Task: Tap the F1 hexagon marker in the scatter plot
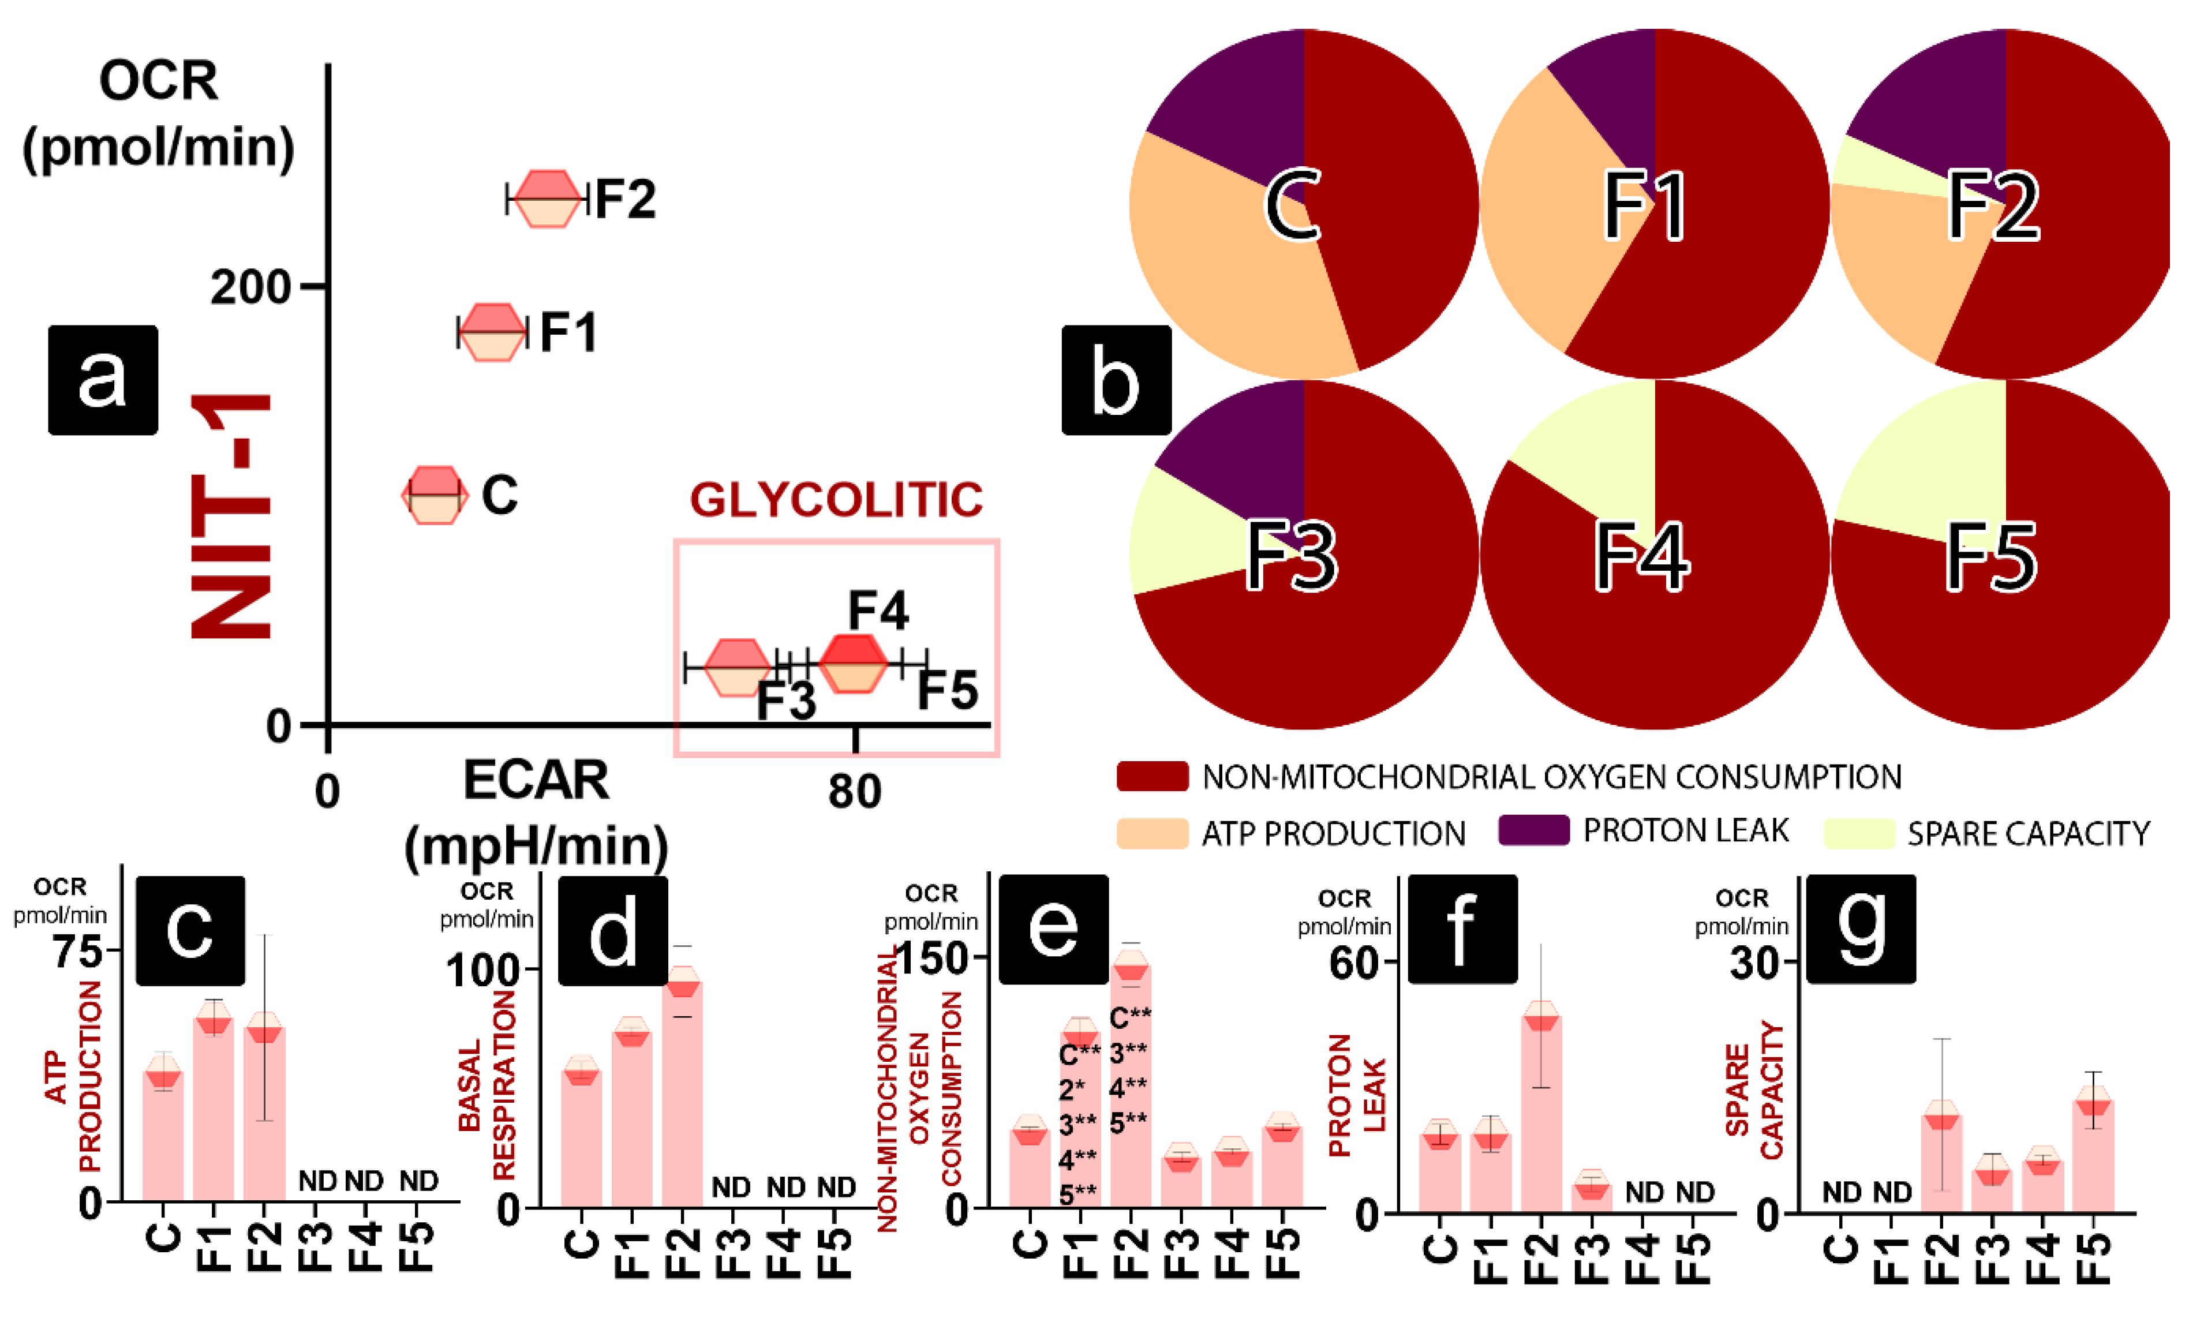tap(491, 332)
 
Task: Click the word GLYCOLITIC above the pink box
tap(836, 500)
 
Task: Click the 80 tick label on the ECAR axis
tap(854, 791)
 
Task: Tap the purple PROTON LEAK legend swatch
tap(1533, 830)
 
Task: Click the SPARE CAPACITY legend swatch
tap(1859, 833)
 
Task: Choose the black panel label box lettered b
tap(1116, 380)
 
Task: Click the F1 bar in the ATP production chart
tap(213, 1110)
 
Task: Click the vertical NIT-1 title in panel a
tap(231, 516)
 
